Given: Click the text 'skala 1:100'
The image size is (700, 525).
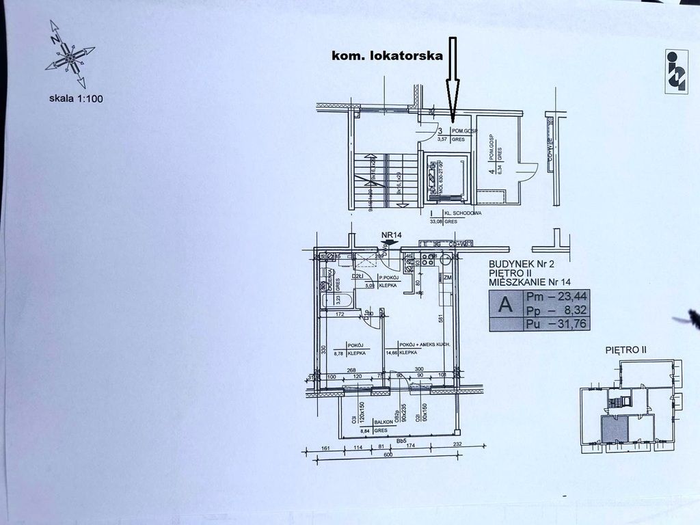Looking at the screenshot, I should click(76, 98).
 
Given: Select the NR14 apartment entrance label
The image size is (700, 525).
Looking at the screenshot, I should click(391, 236).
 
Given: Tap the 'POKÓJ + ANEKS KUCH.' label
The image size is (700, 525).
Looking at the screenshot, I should click(424, 345).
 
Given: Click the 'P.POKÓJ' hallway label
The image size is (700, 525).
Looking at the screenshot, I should click(389, 277).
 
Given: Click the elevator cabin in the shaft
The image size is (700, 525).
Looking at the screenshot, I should click(446, 177).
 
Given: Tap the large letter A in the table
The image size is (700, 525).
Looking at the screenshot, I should click(506, 305).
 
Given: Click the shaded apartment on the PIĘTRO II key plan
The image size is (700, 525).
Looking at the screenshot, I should click(613, 429).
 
